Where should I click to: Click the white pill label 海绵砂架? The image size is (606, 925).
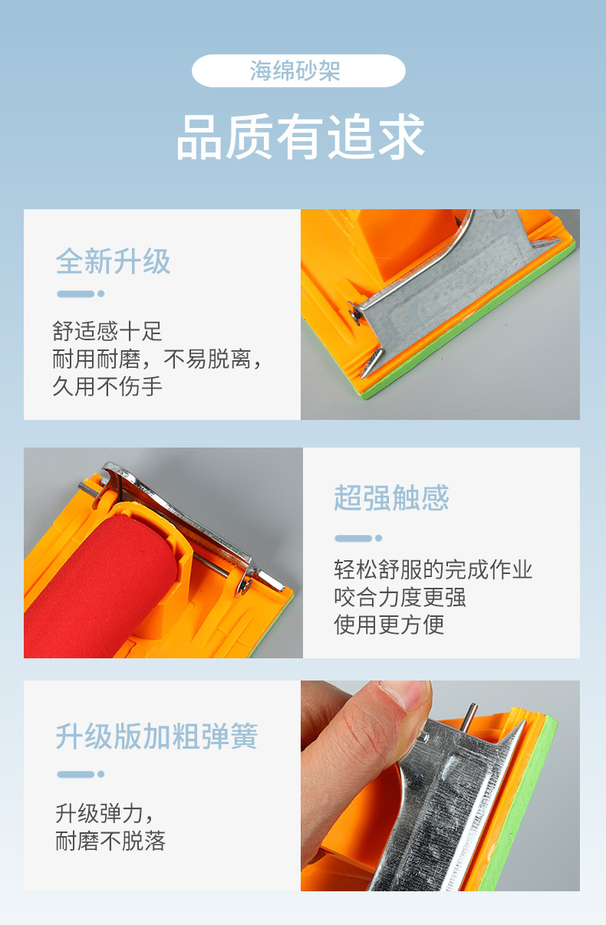pos(298,71)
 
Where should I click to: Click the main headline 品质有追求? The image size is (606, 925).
pos(301,136)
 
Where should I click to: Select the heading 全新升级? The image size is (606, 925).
pos(113,261)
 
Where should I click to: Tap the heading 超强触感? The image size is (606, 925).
pos(391,497)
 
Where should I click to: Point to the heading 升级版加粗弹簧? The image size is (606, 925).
pos(156,736)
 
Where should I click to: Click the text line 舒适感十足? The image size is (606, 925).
pos(107,331)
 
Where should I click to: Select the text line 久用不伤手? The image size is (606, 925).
pos(107,386)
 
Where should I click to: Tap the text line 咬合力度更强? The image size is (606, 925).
pos(400,597)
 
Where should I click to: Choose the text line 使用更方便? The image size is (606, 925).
pos(389,625)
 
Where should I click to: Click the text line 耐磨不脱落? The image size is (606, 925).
pos(110,841)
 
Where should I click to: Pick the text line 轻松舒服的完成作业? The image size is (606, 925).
pos(433,569)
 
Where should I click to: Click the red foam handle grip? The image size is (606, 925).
pos(99,586)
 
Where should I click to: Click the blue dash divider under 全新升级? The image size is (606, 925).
pos(81,294)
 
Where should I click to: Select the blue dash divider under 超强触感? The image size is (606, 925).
pos(358,538)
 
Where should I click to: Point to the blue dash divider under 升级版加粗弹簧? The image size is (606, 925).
pos(81,774)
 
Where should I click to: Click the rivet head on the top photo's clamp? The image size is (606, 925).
pos(354,313)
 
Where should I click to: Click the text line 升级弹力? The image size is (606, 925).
pos(105,814)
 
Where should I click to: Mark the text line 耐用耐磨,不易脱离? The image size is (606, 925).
pos(157,359)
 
